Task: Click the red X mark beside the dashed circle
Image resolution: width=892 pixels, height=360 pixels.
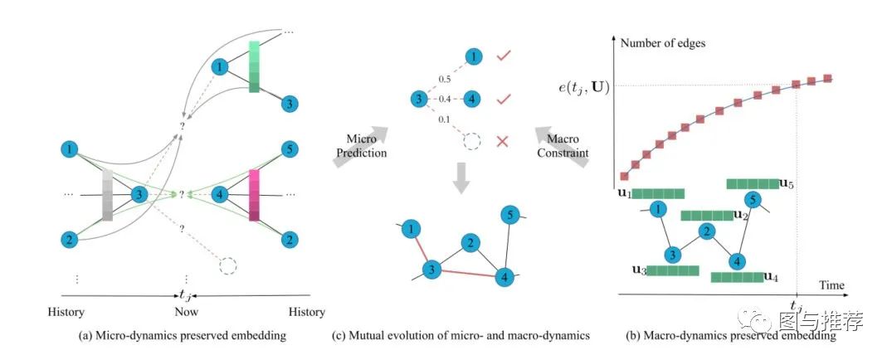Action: click(x=502, y=142)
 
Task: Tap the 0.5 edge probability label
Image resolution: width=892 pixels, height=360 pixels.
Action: click(x=444, y=80)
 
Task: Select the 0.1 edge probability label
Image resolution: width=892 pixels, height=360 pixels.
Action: click(x=445, y=119)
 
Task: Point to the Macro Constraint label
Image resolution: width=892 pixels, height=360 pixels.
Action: click(x=563, y=145)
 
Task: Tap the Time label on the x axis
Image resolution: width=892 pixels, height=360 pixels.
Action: click(x=831, y=285)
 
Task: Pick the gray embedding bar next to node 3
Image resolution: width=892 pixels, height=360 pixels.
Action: click(x=108, y=195)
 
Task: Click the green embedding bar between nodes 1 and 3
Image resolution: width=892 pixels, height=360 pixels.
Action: click(x=254, y=66)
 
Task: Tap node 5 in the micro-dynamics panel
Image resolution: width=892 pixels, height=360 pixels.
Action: click(x=289, y=151)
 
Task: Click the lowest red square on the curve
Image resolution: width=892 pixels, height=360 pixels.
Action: click(x=624, y=176)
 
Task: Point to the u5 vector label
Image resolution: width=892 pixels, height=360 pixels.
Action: click(x=787, y=183)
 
